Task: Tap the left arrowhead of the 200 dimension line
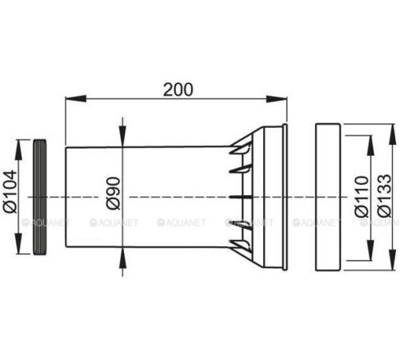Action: (x=69, y=100)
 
